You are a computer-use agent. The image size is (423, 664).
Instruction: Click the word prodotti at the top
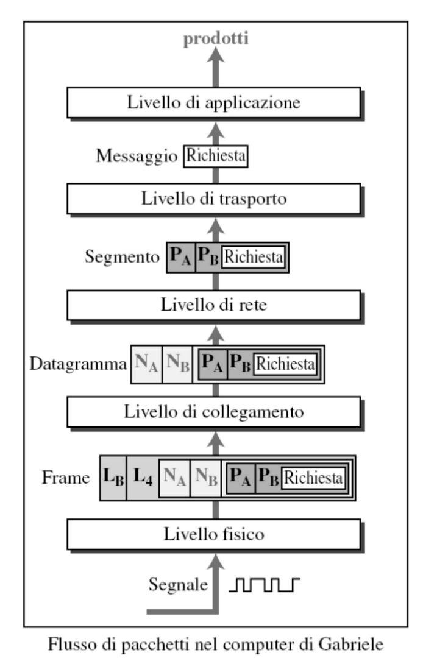click(x=216, y=38)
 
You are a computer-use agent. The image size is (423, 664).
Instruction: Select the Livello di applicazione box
click(x=214, y=102)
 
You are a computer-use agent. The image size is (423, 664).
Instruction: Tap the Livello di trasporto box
click(x=214, y=199)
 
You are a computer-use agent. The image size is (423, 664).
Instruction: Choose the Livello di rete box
click(x=214, y=305)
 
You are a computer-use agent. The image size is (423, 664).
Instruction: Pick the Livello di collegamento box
click(x=214, y=412)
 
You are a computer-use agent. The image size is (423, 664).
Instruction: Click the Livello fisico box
click(x=214, y=534)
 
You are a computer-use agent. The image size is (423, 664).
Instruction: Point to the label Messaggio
click(x=137, y=157)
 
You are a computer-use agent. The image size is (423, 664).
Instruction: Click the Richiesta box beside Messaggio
click(x=216, y=156)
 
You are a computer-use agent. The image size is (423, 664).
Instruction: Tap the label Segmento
click(x=122, y=256)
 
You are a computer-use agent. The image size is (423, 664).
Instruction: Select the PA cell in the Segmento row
click(x=181, y=257)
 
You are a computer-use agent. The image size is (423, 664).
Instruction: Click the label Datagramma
click(x=78, y=364)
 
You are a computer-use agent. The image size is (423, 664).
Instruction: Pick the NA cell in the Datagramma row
click(x=147, y=364)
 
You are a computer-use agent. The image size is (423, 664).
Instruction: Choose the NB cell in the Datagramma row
click(x=177, y=364)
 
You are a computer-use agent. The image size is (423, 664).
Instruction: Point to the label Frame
click(x=66, y=478)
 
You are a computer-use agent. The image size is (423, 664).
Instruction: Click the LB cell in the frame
click(x=113, y=478)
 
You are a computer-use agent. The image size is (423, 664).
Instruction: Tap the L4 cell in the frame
click(x=143, y=478)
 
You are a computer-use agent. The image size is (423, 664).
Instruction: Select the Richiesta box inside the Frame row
click(x=313, y=478)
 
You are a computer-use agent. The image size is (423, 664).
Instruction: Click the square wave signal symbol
click(x=265, y=585)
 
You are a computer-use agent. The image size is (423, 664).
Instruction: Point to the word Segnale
click(x=178, y=585)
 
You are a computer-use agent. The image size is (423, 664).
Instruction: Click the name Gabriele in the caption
click(x=351, y=645)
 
